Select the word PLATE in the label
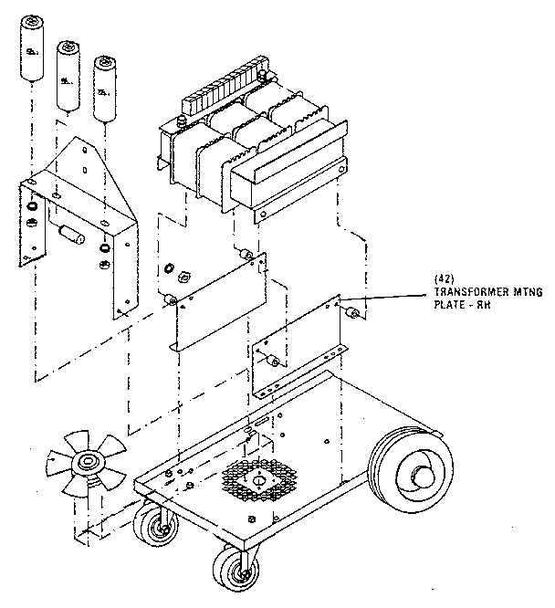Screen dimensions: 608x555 [x=450, y=307]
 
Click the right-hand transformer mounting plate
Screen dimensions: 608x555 [x=301, y=342]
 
